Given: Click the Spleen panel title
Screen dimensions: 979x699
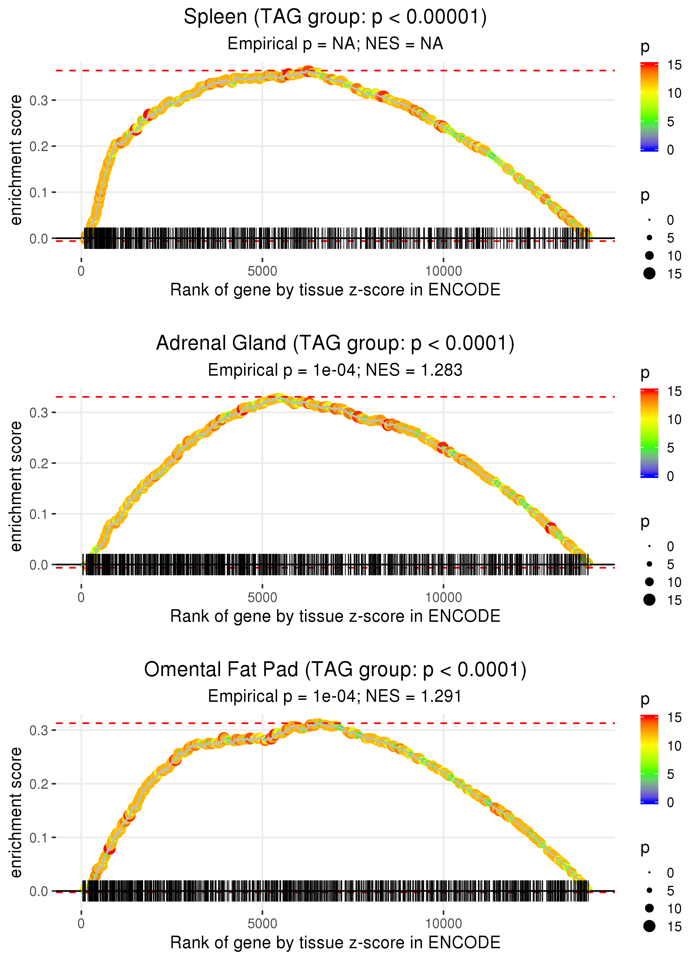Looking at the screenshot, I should click(x=335, y=17).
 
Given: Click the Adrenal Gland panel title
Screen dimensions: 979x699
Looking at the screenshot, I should click(x=335, y=343).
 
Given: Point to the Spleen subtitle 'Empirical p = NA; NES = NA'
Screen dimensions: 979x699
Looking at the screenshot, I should click(x=335, y=44).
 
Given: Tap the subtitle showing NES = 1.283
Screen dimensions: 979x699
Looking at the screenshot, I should click(x=335, y=370).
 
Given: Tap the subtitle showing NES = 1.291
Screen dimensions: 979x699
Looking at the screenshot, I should click(x=335, y=696).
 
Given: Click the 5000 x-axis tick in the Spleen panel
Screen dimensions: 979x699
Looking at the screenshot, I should click(x=262, y=271).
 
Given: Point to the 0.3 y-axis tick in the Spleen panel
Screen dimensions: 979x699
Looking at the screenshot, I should click(x=39, y=100).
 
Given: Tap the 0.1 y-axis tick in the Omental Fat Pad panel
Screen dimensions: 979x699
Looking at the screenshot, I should click(x=39, y=838).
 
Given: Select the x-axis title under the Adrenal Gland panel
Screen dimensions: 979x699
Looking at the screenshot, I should click(x=335, y=616).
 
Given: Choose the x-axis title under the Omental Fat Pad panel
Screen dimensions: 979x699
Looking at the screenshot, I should click(x=335, y=942).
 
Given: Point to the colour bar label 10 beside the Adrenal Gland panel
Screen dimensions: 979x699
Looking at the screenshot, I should click(x=674, y=419).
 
